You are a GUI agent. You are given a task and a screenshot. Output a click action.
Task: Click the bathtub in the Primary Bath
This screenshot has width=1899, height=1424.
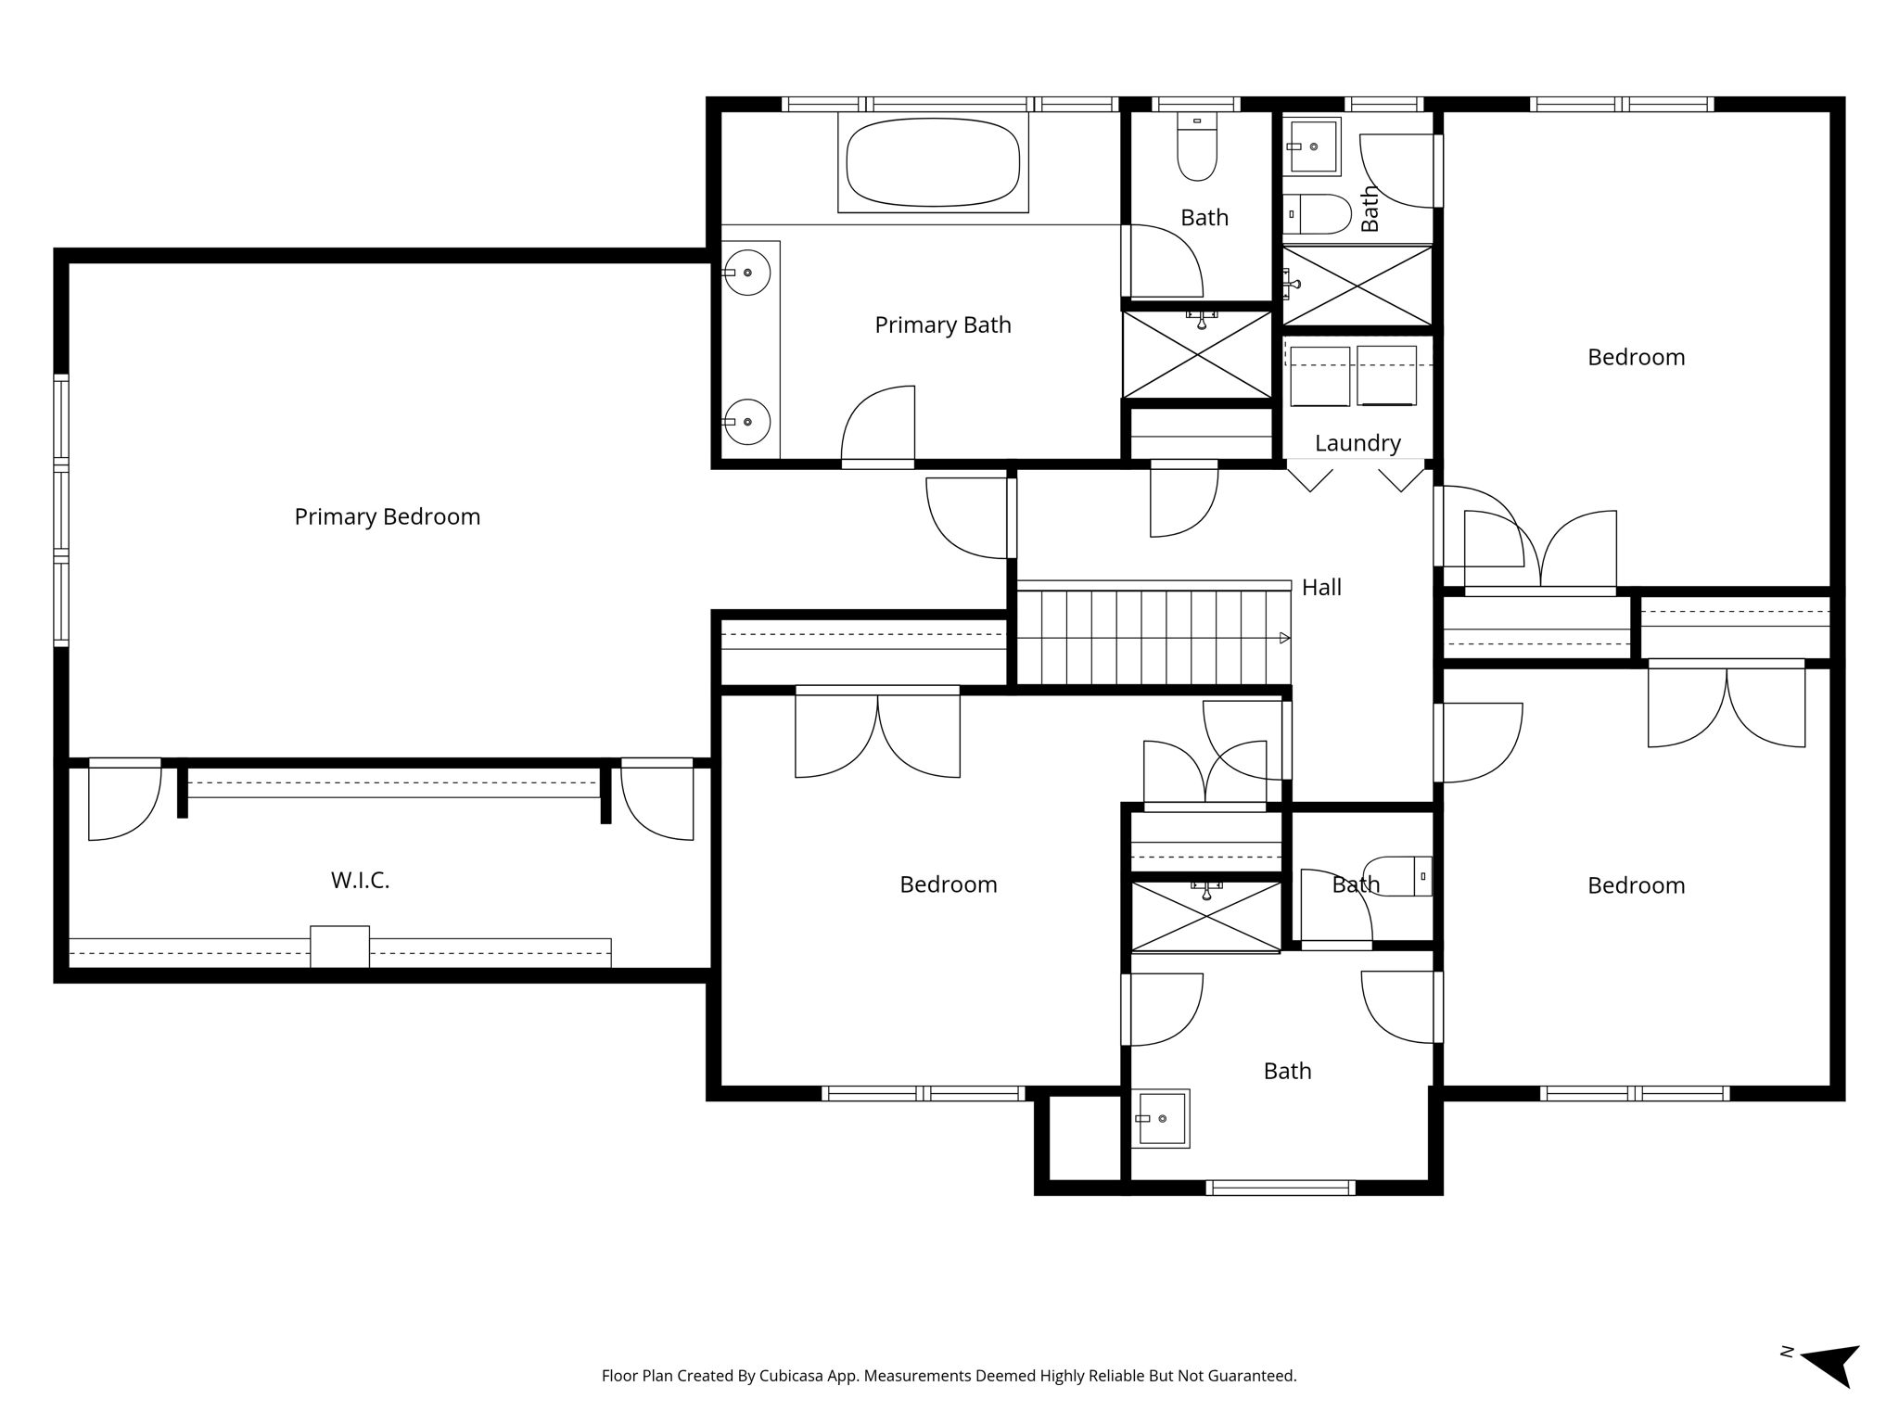point(933,162)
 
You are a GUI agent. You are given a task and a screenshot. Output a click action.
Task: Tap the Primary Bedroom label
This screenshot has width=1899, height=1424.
point(388,516)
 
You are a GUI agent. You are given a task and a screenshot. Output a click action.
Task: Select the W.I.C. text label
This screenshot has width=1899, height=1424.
point(360,881)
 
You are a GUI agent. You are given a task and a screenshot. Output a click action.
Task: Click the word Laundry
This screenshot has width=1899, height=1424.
point(1357,443)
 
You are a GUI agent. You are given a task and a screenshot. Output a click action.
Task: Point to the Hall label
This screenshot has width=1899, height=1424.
point(1321,587)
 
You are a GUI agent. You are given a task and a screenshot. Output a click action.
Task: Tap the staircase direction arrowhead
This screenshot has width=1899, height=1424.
point(1284,638)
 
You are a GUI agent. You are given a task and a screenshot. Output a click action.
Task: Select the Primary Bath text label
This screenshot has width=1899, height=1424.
point(943,325)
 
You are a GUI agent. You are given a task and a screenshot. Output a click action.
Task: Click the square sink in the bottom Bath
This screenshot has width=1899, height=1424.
point(1162,1118)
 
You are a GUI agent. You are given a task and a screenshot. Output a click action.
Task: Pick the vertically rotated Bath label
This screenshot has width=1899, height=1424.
point(1370,209)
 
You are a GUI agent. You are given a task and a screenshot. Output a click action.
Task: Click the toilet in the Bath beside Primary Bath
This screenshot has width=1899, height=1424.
point(1197,147)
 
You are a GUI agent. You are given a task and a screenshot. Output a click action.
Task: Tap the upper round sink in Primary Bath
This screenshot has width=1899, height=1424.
point(747,273)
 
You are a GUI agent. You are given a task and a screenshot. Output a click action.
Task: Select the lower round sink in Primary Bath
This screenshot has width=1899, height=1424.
point(747,422)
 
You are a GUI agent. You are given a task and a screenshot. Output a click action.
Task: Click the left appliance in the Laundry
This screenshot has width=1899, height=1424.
point(1319,375)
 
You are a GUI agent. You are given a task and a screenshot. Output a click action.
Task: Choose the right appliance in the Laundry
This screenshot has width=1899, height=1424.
point(1386,375)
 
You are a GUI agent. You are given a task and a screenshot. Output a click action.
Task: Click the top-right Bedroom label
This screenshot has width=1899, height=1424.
point(1636,358)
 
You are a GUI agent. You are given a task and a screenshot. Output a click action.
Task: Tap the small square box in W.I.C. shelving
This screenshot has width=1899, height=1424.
point(339,947)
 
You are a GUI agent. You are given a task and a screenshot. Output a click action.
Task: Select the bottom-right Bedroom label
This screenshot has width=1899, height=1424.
point(1636,885)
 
